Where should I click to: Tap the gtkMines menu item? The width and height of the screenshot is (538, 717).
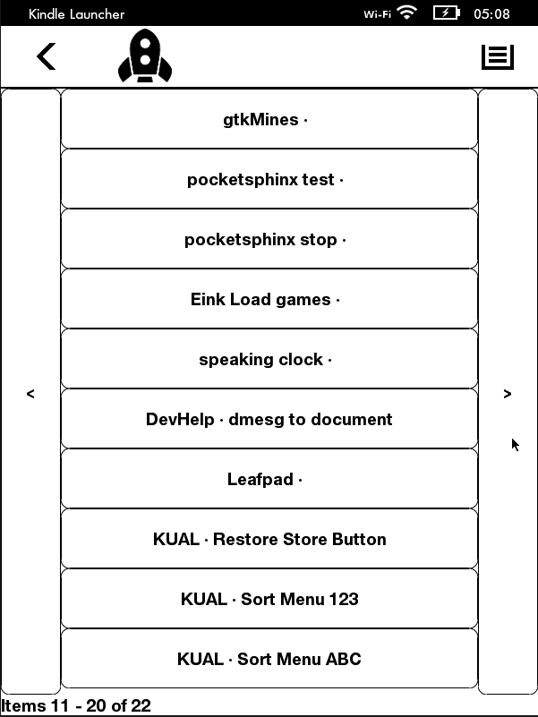[x=269, y=119]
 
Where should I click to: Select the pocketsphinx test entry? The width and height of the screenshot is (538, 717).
[x=269, y=179]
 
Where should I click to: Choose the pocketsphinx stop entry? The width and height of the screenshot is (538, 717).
[x=269, y=239]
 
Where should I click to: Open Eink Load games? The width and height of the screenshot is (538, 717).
[x=269, y=299]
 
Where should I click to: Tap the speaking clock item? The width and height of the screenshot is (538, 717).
[x=269, y=359]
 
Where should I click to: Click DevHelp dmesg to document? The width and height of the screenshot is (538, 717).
[x=269, y=419]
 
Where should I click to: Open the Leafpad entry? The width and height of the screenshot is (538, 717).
[x=269, y=479]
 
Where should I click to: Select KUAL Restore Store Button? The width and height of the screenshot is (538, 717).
[x=269, y=539]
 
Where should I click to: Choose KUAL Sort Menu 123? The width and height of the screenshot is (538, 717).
[x=269, y=599]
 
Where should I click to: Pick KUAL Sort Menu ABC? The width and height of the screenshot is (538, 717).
[x=269, y=659]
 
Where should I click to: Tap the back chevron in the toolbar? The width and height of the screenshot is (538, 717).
[x=47, y=56]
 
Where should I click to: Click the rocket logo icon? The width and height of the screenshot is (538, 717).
[x=145, y=55]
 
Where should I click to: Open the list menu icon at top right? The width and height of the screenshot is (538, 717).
[x=498, y=57]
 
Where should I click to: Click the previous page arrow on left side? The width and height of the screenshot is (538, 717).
[x=30, y=392]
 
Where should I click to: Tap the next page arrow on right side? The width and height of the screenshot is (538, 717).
[x=508, y=392]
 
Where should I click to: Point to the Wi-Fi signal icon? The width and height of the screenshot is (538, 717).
[x=406, y=13]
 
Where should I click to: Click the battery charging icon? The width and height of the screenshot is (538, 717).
[x=447, y=13]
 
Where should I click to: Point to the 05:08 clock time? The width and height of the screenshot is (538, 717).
[x=491, y=13]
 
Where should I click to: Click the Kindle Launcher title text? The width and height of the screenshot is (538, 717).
[x=76, y=13]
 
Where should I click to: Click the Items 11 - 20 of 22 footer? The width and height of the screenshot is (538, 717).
[x=76, y=705]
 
